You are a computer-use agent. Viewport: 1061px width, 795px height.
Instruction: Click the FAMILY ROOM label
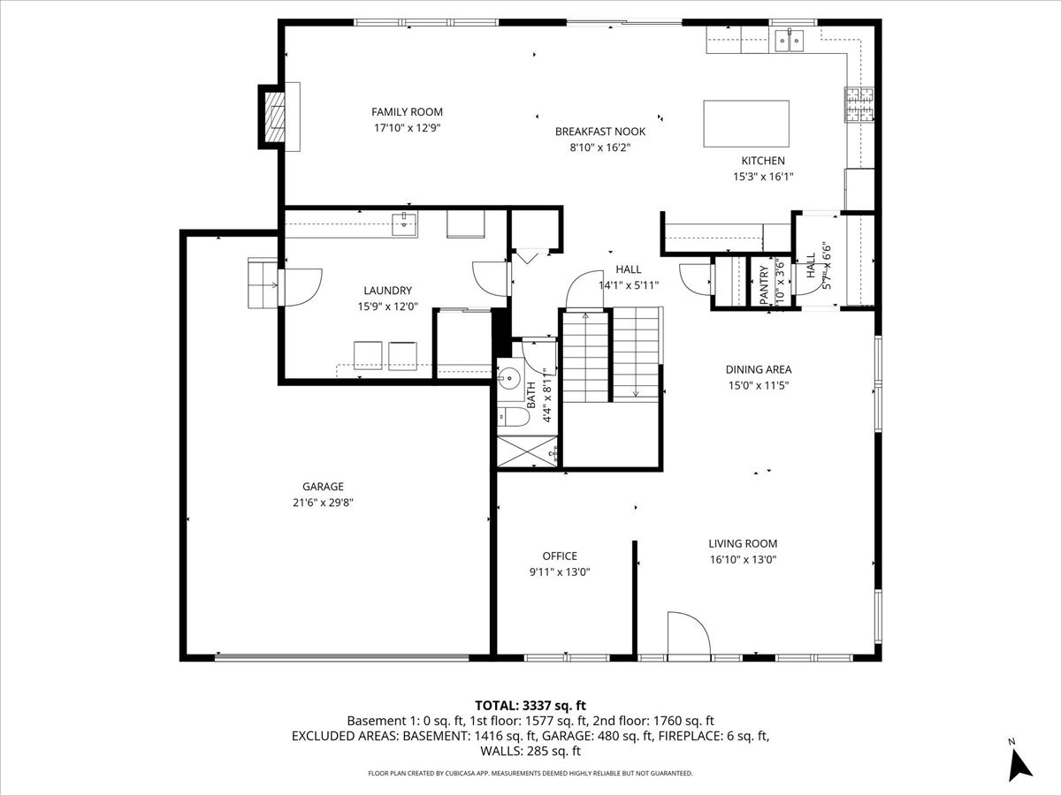click(x=407, y=111)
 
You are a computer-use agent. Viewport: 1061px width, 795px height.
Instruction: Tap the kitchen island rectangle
click(x=746, y=124)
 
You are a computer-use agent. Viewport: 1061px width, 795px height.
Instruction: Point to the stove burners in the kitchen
click(x=859, y=105)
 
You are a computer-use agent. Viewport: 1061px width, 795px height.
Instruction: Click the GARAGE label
click(x=323, y=486)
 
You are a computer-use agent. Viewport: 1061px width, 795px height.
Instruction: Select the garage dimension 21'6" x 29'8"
click(x=323, y=502)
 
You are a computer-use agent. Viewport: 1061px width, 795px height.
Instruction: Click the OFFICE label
click(x=560, y=556)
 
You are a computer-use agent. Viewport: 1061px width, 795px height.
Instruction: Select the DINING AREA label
click(x=759, y=369)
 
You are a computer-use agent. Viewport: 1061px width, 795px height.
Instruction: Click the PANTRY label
click(x=764, y=285)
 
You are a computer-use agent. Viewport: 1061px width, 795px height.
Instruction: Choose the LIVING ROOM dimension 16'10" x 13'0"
click(x=743, y=559)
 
